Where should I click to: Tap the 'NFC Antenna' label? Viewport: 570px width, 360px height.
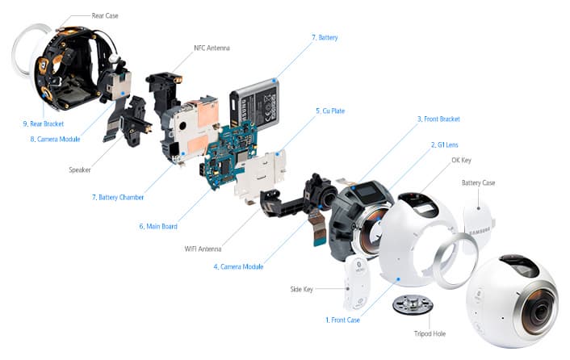212,48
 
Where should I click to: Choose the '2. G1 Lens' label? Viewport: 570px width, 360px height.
446,144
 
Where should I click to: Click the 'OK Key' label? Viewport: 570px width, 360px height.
461,160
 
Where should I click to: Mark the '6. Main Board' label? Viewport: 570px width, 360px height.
161,226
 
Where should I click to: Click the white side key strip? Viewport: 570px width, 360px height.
353,283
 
